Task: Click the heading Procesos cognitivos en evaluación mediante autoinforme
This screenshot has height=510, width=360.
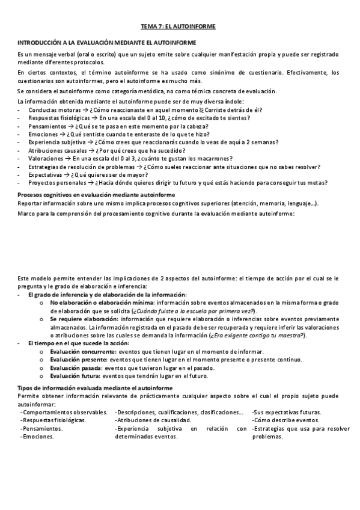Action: tap(96, 195)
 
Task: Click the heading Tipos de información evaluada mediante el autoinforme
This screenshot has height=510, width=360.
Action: tap(95, 389)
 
